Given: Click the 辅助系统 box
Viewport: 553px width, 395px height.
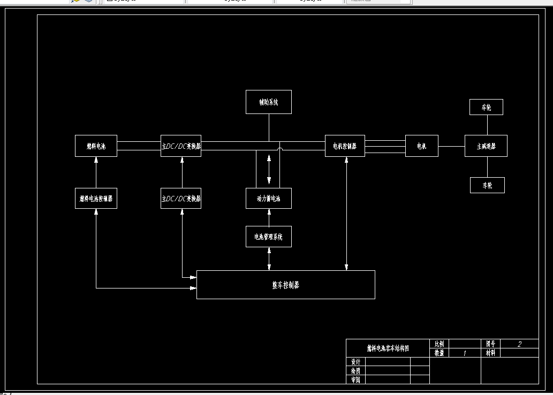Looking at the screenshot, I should click(269, 102).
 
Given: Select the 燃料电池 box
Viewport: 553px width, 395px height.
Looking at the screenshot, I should click(96, 146).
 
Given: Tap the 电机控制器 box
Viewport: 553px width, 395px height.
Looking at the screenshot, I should click(345, 146).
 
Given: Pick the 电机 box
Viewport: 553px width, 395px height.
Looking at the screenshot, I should click(422, 146).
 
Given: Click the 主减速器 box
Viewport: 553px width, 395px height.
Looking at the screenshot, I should click(486, 146).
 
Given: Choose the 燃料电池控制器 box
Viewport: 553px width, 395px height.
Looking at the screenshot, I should click(96, 199).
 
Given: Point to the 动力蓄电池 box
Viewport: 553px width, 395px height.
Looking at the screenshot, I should click(269, 199).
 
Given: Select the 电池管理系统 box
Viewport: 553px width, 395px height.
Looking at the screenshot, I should click(269, 237).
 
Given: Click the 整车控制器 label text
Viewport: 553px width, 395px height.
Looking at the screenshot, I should click(286, 285).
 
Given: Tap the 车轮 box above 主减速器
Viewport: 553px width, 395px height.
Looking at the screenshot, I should click(486, 108).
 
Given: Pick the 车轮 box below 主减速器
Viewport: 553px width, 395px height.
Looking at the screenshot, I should click(487, 185).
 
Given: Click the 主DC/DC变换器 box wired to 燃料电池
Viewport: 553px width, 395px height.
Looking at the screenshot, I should click(181, 146).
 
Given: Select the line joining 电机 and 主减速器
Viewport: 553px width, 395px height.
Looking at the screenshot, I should click(451, 146).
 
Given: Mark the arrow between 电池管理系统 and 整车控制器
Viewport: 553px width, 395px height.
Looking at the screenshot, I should click(269, 259).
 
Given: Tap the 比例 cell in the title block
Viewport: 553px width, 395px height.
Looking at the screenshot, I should click(439, 344).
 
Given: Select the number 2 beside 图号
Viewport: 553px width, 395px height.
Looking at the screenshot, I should click(519, 344).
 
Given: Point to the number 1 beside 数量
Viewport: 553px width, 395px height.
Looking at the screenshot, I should click(464, 353).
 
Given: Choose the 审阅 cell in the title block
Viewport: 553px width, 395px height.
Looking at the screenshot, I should click(355, 379).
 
